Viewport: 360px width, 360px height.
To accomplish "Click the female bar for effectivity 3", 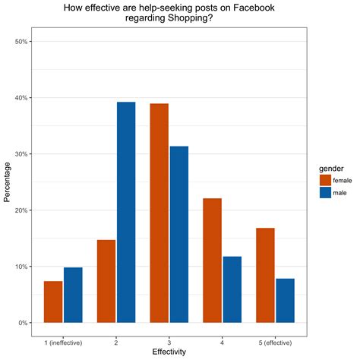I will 159,213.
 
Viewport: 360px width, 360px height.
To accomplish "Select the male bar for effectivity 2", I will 126,213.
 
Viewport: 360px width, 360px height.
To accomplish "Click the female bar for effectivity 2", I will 106,281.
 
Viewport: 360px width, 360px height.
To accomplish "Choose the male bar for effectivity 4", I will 232,289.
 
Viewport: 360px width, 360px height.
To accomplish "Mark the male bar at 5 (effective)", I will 285,300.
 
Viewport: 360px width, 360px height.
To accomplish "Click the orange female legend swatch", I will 326,180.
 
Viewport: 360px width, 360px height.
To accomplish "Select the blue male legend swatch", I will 326,193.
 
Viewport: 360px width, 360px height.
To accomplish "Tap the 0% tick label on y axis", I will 24,323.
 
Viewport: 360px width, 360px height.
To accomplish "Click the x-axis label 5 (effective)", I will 275,341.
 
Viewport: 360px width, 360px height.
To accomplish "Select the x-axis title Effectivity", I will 169,352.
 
